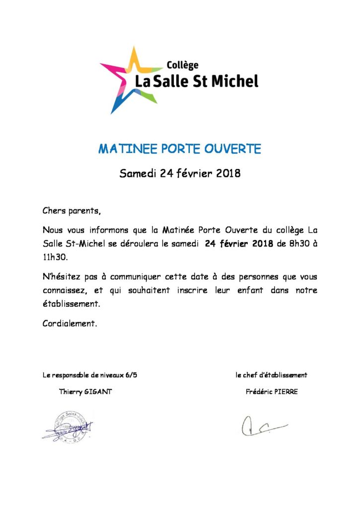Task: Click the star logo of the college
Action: click(128, 80)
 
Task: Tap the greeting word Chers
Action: click(54, 211)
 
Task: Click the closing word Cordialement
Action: click(69, 324)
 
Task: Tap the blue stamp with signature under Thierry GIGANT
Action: click(68, 427)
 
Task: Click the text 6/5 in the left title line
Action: click(130, 375)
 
